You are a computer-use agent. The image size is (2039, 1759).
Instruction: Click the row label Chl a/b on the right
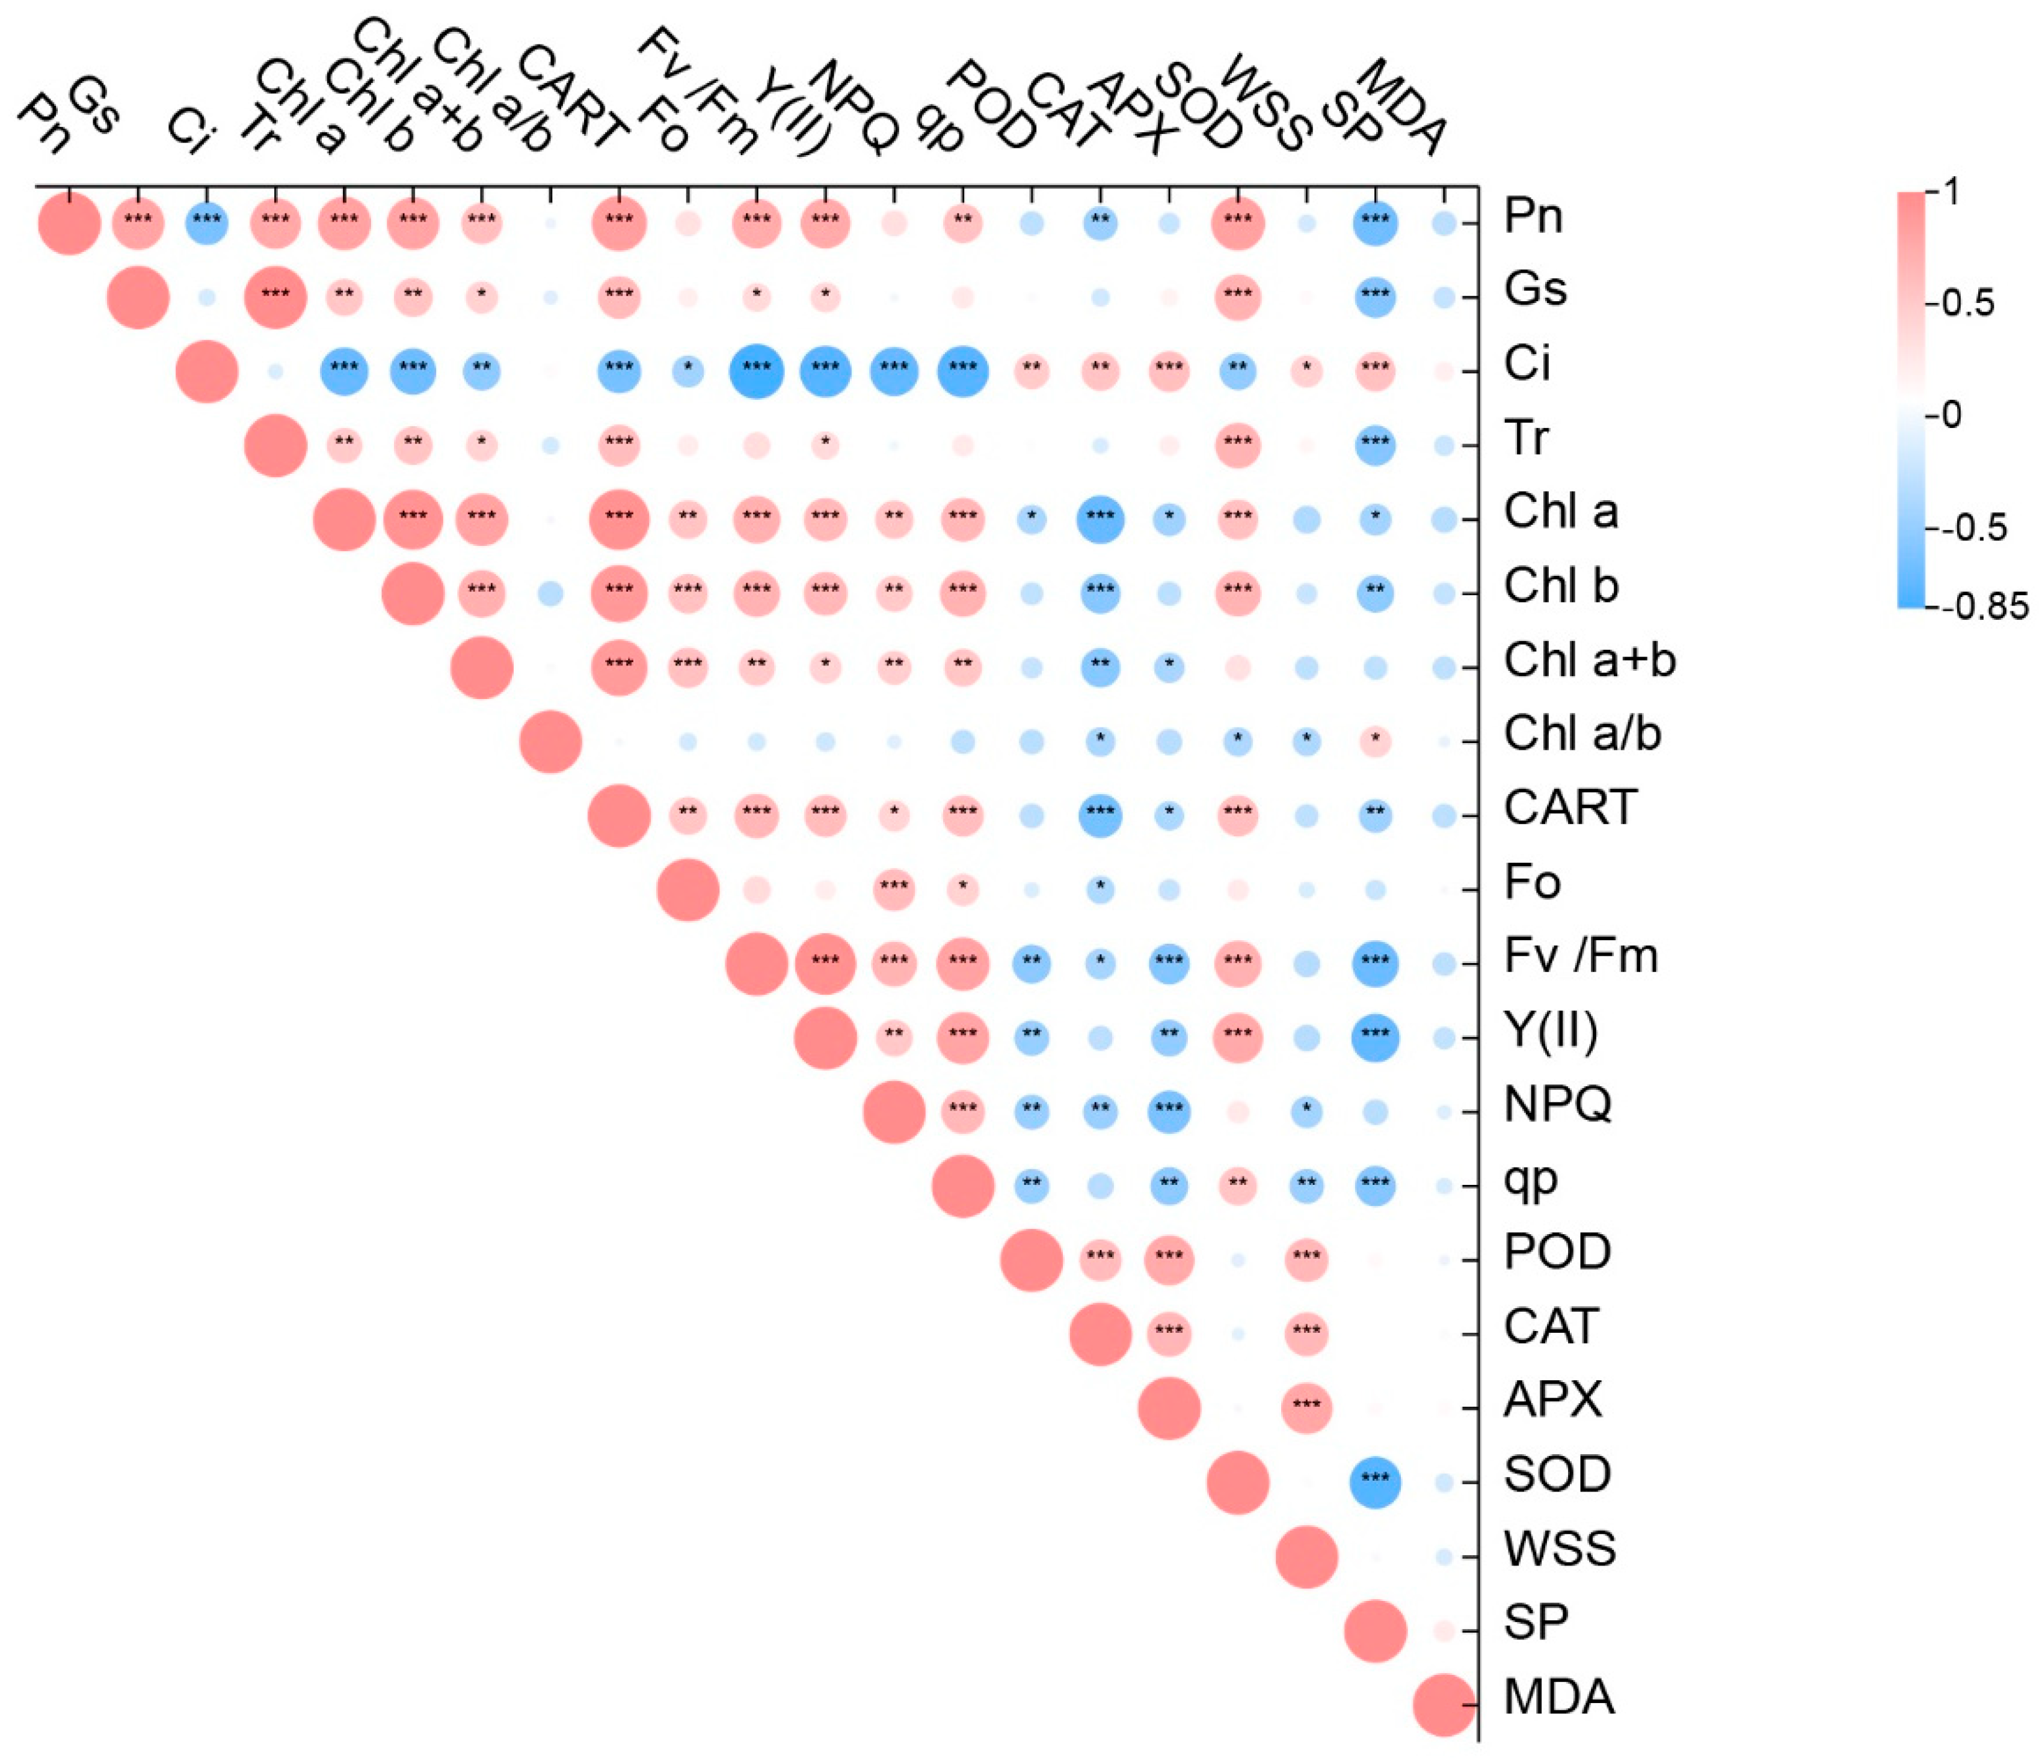click(x=1582, y=734)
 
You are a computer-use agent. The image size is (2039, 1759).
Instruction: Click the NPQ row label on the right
click(x=1558, y=1105)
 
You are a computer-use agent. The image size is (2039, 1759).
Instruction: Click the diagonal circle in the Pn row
click(x=69, y=222)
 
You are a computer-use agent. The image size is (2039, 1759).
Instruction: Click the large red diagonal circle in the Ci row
click(x=207, y=371)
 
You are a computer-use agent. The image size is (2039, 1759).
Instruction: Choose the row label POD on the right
click(x=1557, y=1252)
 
